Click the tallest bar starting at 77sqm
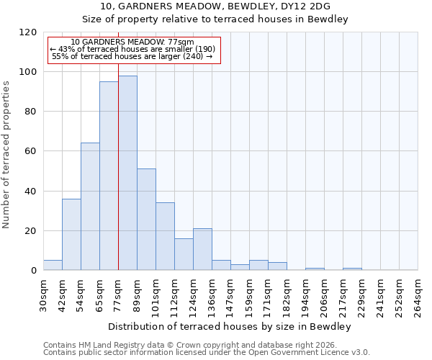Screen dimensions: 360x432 [127, 173]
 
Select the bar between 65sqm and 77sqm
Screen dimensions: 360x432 [109, 176]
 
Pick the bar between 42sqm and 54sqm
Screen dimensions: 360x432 [71, 234]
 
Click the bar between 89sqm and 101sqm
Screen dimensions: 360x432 [146, 220]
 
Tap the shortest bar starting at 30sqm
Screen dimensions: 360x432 [53, 265]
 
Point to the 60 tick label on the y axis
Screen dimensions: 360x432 [30, 151]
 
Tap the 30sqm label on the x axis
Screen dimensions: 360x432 [43, 293]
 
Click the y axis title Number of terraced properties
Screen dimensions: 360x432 [7, 155]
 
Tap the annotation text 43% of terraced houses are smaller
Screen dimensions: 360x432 [132, 49]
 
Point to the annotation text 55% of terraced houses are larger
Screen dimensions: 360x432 [132, 56]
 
